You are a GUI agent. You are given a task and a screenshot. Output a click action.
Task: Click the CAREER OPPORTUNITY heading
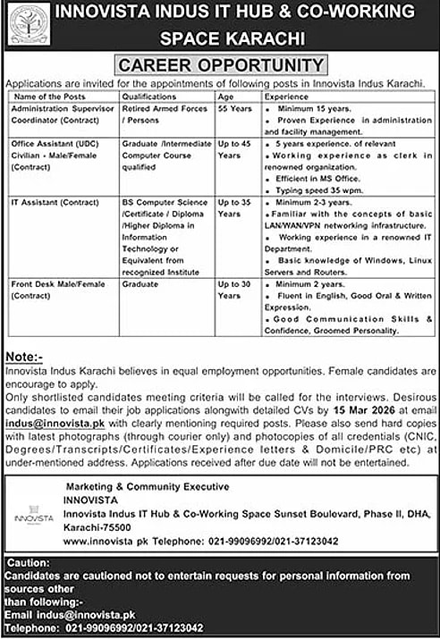pyautogui.click(x=220, y=65)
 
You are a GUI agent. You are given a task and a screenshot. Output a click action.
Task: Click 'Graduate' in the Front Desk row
pyautogui.click(x=140, y=284)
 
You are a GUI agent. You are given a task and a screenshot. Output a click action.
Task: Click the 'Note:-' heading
pyautogui.click(x=26, y=355)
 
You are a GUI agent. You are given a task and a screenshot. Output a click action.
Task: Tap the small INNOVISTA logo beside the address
pyautogui.click(x=35, y=517)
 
